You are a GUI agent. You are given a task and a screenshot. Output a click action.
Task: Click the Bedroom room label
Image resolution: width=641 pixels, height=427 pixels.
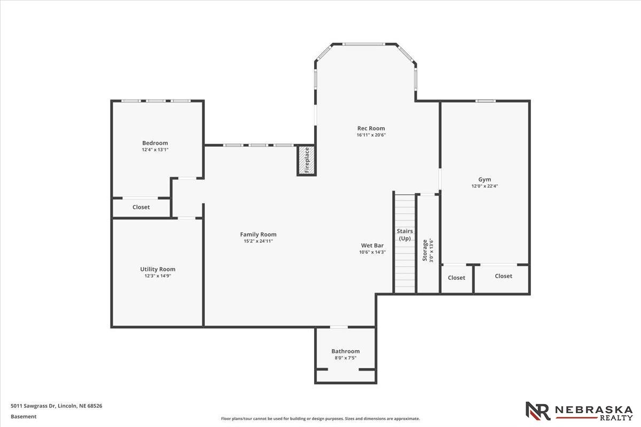pyautogui.click(x=155, y=143)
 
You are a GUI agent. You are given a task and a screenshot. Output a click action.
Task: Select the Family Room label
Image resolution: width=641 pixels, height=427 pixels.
pyautogui.click(x=258, y=234)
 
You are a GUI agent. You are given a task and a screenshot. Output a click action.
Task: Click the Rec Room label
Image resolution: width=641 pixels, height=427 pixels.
pyautogui.click(x=371, y=128)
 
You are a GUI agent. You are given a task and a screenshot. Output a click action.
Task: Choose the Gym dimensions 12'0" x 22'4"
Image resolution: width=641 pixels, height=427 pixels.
pyautogui.click(x=484, y=186)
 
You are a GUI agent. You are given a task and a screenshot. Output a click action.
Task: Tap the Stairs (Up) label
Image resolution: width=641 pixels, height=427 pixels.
pyautogui.click(x=405, y=235)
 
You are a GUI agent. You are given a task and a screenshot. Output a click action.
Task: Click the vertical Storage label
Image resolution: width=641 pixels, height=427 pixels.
pyautogui.click(x=425, y=250)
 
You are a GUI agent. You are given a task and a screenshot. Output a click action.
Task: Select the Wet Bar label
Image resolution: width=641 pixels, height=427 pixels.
pyautogui.click(x=372, y=246)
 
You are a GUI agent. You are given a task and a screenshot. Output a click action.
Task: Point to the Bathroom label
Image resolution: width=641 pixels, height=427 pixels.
pyautogui.click(x=346, y=351)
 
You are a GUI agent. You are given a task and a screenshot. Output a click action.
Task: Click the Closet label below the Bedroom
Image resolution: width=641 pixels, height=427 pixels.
pyautogui.click(x=141, y=207)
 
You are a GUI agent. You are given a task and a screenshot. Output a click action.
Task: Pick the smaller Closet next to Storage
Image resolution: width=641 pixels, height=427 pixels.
pyautogui.click(x=456, y=278)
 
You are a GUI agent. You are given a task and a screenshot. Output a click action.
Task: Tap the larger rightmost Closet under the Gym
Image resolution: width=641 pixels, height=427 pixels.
pyautogui.click(x=503, y=276)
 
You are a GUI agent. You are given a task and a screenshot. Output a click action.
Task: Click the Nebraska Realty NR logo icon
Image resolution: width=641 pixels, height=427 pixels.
pyautogui.click(x=538, y=411)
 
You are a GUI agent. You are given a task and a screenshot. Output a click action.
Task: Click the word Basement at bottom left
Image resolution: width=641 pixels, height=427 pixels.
pyautogui.click(x=24, y=416)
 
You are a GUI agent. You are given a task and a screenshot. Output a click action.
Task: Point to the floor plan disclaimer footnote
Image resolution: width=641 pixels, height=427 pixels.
pyautogui.click(x=320, y=419)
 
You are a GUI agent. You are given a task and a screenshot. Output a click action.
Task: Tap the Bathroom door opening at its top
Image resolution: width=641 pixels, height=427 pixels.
pyautogui.click(x=339, y=327)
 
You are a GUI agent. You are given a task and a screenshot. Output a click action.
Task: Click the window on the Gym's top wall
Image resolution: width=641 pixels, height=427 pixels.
pyautogui.click(x=486, y=101)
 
